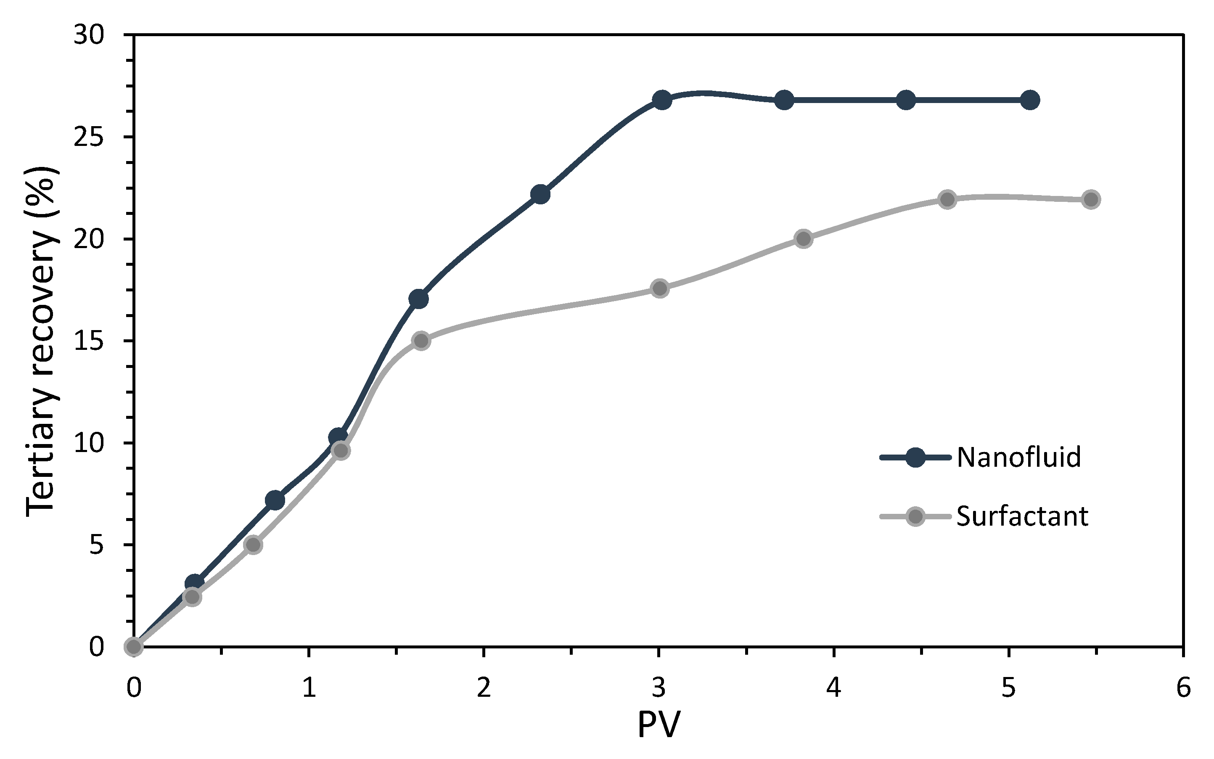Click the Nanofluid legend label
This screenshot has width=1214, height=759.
click(1019, 458)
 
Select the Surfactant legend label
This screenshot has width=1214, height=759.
click(1022, 516)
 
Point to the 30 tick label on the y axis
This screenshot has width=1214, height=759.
click(89, 35)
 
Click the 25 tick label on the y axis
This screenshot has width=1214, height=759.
click(89, 137)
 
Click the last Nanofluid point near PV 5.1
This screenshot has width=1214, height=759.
click(1030, 100)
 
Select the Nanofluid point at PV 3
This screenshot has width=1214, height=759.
click(662, 100)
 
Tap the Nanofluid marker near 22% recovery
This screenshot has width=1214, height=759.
click(540, 194)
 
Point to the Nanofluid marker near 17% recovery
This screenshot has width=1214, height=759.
click(418, 299)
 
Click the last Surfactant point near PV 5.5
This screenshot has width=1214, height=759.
click(1090, 199)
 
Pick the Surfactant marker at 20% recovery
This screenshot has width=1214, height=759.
click(804, 239)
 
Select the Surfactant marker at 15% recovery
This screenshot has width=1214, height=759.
click(421, 341)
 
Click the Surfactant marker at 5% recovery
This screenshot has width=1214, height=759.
click(254, 545)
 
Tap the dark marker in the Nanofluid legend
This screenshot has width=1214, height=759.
click(915, 458)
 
